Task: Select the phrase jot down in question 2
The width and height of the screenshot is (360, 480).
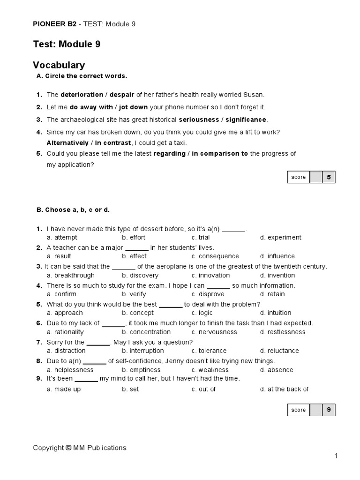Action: pyautogui.click(x=133, y=107)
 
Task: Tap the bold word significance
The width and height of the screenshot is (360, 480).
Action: pyautogui.click(x=246, y=120)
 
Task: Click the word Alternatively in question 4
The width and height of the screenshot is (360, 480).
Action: pyautogui.click(x=67, y=142)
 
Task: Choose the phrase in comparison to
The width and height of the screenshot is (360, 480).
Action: pyautogui.click(x=220, y=154)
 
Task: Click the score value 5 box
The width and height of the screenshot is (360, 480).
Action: pyautogui.click(x=329, y=177)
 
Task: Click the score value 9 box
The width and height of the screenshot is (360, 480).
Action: pyautogui.click(x=329, y=410)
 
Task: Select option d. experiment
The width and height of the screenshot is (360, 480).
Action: pyautogui.click(x=281, y=237)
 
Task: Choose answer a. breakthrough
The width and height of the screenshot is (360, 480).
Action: pyautogui.click(x=70, y=275)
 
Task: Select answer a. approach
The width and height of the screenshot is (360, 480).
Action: pyautogui.click(x=65, y=313)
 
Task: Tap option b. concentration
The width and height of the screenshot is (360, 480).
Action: pyautogui.click(x=146, y=332)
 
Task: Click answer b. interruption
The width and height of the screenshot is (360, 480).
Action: pyautogui.click(x=143, y=351)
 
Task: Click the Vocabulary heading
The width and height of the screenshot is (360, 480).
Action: pyautogui.click(x=59, y=65)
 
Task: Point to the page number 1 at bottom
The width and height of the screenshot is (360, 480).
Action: pyautogui.click(x=336, y=456)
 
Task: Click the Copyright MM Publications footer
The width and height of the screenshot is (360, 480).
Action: pyautogui.click(x=79, y=448)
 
